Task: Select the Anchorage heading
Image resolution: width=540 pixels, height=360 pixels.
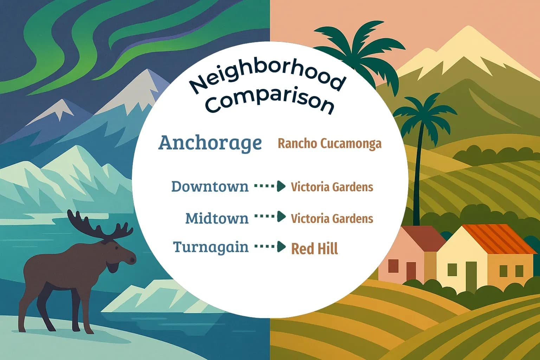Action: [x=210, y=143]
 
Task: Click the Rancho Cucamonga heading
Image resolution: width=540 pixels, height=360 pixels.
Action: [x=329, y=143]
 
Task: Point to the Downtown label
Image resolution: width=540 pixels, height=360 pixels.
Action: [x=210, y=186]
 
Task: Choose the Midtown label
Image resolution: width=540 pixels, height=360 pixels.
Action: [x=217, y=218]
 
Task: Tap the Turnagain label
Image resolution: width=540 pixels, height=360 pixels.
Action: [x=211, y=247]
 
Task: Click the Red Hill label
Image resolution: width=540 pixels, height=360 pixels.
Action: [x=314, y=249]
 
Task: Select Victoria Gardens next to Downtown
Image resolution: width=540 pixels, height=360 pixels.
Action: [x=332, y=187]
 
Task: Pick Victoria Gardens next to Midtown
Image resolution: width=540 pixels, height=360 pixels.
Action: [x=332, y=218]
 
